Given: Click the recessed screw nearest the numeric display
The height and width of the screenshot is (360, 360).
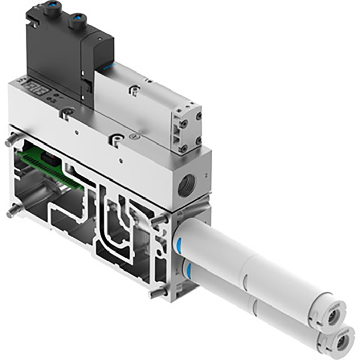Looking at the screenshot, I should pyautogui.click(x=65, y=112).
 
